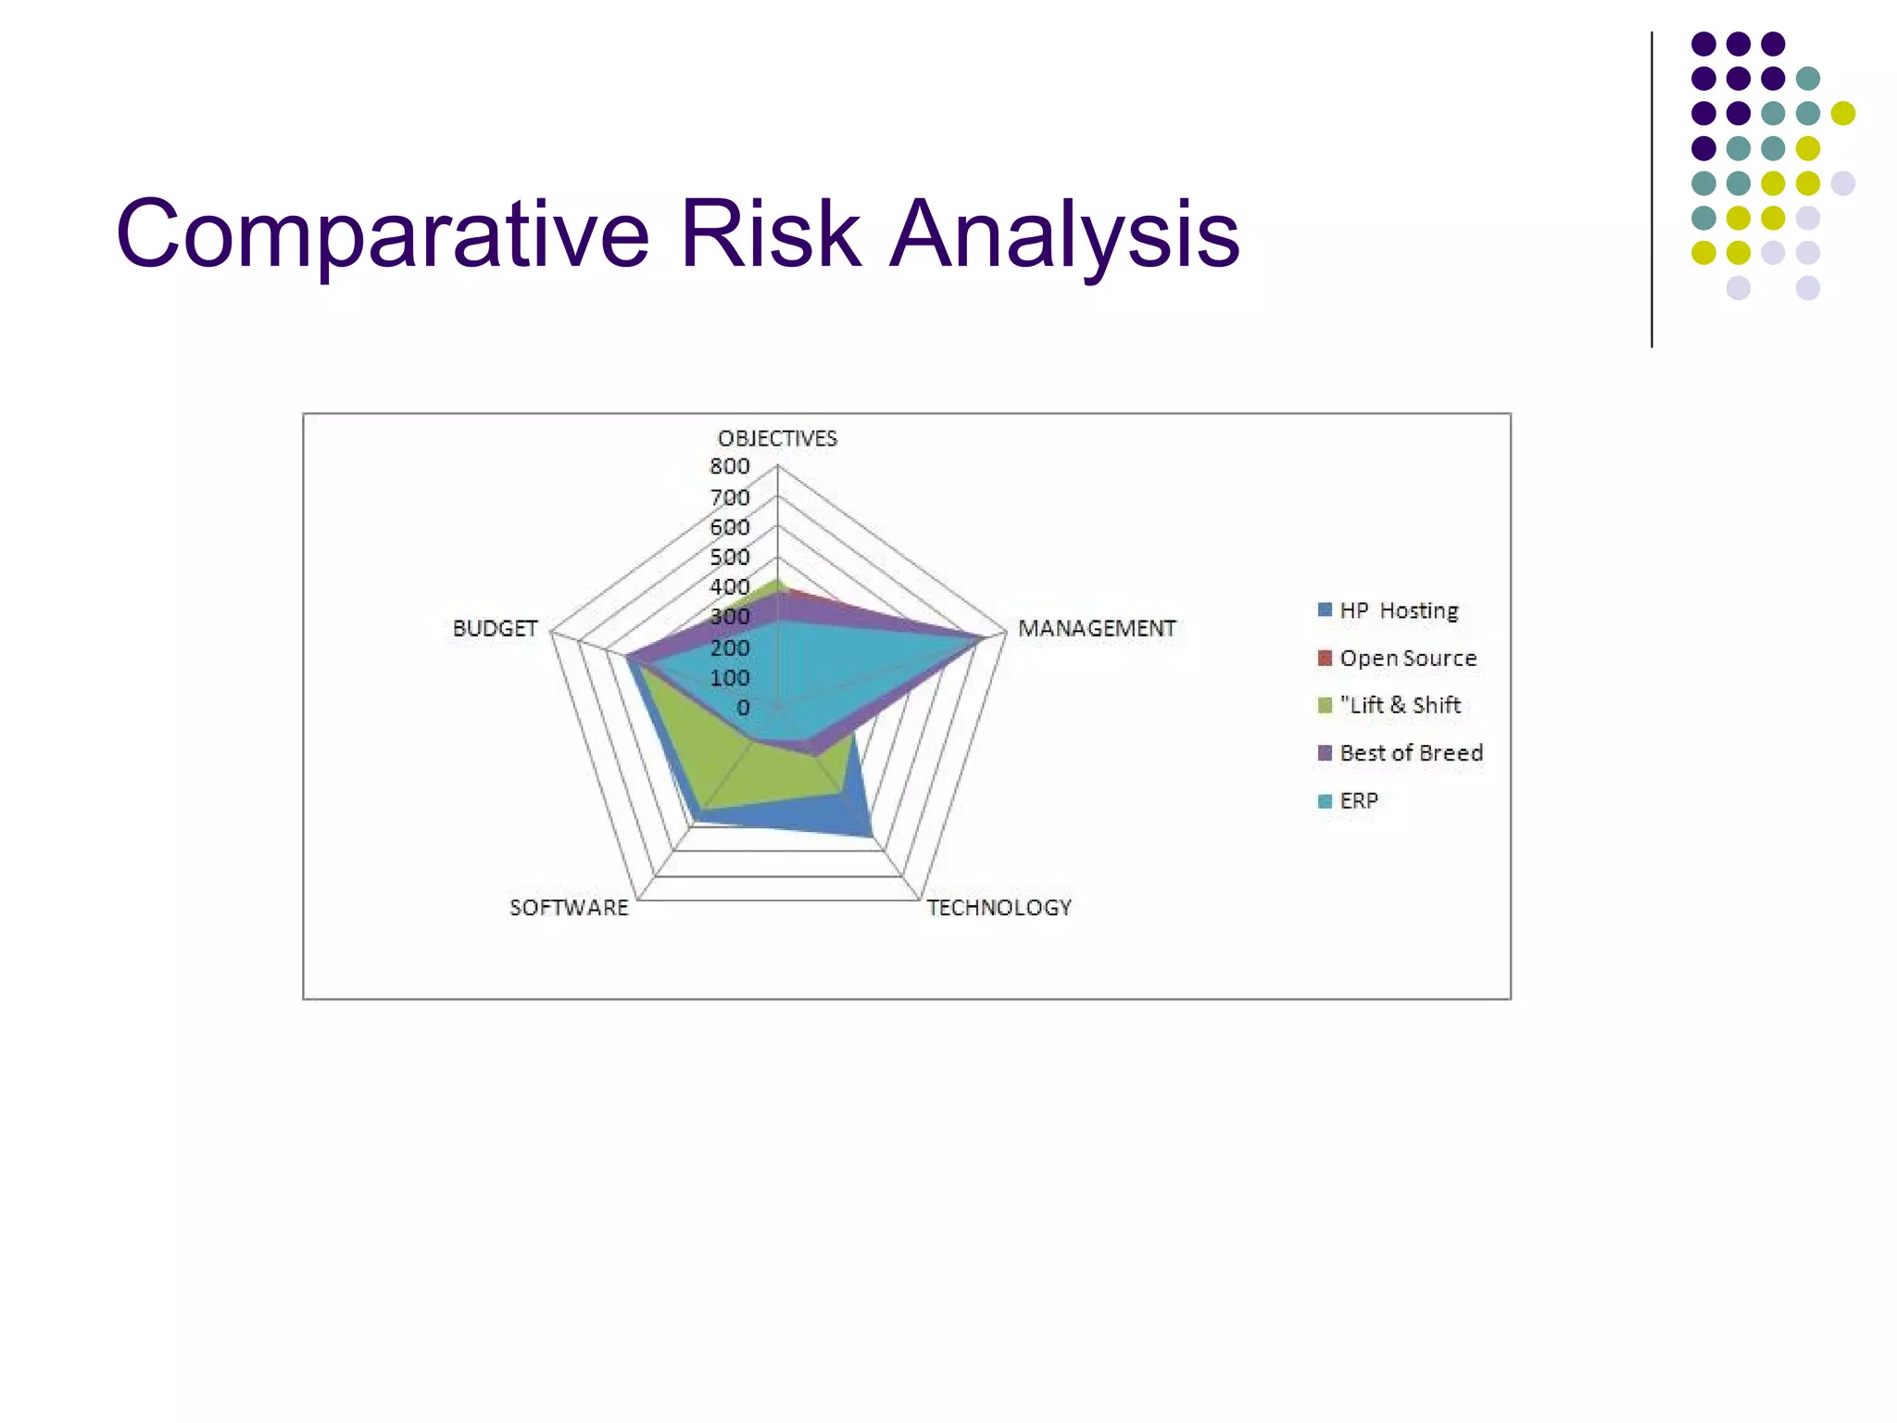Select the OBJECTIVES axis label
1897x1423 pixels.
[777, 439]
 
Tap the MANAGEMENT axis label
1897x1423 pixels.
[1097, 629]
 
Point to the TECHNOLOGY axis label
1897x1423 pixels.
[999, 908]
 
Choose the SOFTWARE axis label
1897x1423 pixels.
[569, 908]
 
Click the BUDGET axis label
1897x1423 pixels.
[495, 629]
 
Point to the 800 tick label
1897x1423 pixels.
[730, 467]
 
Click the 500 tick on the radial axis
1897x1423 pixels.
[730, 558]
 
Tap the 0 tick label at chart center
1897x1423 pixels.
[743, 709]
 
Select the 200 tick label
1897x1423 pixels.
[730, 649]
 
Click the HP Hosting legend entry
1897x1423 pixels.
[1399, 611]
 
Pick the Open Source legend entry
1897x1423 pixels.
[1408, 659]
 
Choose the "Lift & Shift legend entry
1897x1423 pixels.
[1400, 706]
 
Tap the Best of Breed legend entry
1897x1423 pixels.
[1411, 753]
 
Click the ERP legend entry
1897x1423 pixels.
[1359, 801]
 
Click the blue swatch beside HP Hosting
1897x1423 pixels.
[1325, 611]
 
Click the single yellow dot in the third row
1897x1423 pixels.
[1842, 113]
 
